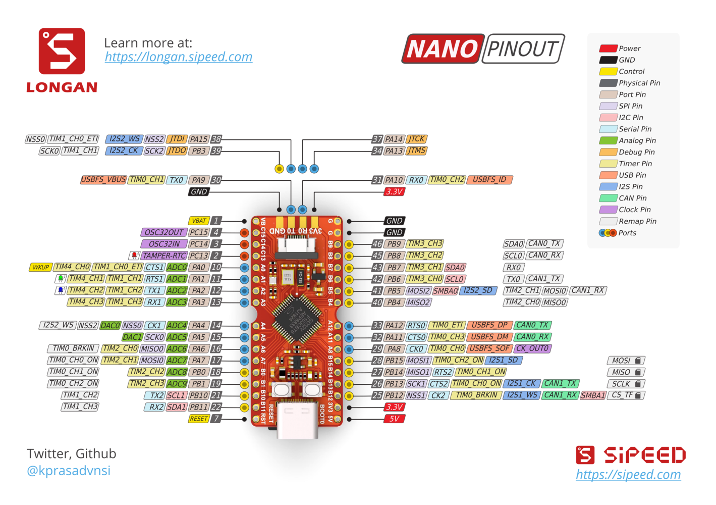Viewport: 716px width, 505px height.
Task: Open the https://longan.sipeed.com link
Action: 179,57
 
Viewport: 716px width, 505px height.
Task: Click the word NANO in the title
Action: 443,49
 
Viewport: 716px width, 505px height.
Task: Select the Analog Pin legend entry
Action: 637,140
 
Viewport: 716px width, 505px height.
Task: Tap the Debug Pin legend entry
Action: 636,152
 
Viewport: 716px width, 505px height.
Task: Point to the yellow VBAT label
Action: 199,221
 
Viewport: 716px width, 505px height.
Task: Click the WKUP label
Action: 40,267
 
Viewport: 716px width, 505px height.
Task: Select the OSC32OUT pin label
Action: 163,232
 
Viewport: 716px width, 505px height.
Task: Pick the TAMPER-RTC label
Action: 163,256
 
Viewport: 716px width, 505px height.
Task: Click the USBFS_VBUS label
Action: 103,180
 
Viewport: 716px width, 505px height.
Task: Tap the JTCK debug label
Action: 417,139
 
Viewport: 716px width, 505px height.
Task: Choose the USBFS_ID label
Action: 489,180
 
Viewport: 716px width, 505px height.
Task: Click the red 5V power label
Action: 394,419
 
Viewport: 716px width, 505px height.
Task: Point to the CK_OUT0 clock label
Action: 532,348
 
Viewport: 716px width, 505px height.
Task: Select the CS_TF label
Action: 626,395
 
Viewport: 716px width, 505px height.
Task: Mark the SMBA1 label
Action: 593,395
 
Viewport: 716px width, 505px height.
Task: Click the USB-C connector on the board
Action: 297,419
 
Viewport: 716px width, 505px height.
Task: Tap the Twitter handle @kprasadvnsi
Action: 69,471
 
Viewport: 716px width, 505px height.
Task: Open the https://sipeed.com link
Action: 628,475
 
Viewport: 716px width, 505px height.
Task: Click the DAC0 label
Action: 110,326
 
